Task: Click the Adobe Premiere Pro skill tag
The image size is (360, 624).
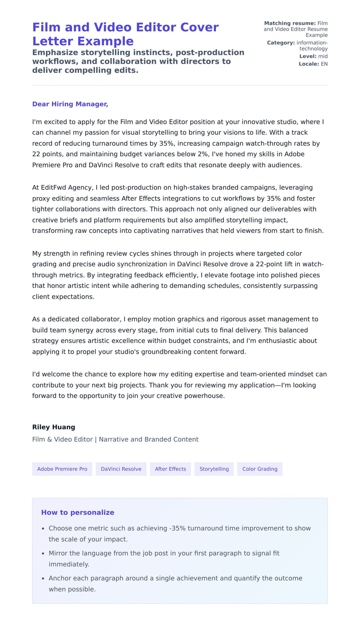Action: pyautogui.click(x=62, y=469)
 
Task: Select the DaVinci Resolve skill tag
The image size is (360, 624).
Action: pyautogui.click(x=121, y=469)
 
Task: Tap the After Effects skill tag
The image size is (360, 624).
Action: pyautogui.click(x=170, y=469)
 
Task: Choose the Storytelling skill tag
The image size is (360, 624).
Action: pyautogui.click(x=214, y=469)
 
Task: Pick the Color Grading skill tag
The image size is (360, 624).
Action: pyautogui.click(x=259, y=469)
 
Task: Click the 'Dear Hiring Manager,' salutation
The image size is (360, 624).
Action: pyautogui.click(x=70, y=104)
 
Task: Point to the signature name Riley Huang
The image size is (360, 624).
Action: pyautogui.click(x=53, y=427)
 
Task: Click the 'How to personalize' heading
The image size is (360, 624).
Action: pyautogui.click(x=77, y=512)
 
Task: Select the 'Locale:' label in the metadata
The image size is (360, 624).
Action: pyautogui.click(x=309, y=64)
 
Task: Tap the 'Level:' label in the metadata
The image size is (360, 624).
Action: pyautogui.click(x=307, y=56)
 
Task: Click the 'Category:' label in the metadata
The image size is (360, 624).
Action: pyautogui.click(x=281, y=43)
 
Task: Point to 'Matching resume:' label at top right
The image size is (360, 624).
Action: pyautogui.click(x=289, y=23)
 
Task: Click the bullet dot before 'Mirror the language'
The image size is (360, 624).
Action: pyautogui.click(x=43, y=554)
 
